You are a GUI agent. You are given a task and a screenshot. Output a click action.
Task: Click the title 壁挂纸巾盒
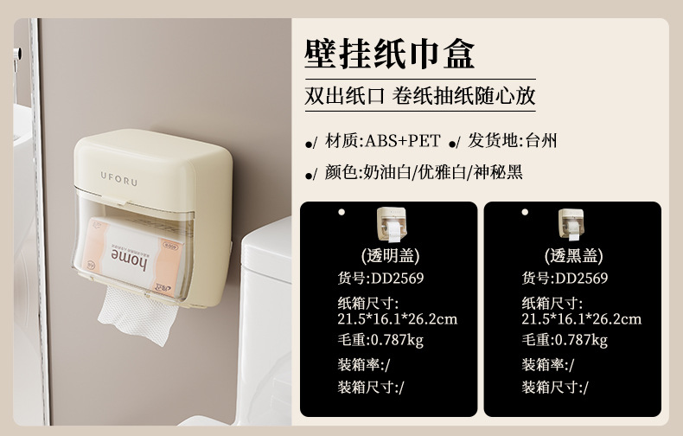coord(389,54)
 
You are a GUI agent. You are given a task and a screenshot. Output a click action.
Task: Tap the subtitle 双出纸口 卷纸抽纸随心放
coord(420,96)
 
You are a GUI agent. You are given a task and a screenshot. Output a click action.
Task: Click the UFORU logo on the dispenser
coord(119,178)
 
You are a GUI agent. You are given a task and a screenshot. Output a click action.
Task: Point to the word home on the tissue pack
coord(129,259)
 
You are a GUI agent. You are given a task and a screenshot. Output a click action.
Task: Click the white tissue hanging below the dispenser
coord(137,315)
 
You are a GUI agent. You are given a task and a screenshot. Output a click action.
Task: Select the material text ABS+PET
coord(403,141)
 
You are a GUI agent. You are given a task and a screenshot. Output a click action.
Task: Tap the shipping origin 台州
coord(541,141)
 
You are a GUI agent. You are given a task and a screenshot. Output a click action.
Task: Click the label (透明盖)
coord(390,256)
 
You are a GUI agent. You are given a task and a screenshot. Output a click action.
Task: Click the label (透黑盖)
coord(574,256)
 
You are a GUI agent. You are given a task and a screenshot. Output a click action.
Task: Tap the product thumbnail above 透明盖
coord(392,225)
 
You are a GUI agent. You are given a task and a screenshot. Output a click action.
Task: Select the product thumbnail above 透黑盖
coord(571,225)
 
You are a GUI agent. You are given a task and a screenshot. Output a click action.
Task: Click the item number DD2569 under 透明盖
coord(397,279)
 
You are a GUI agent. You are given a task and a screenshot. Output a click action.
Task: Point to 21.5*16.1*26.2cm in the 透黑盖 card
coord(582,319)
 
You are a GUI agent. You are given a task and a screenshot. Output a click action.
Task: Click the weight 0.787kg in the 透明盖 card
coord(397,340)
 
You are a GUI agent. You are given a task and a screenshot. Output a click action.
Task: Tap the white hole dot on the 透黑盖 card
coord(525,212)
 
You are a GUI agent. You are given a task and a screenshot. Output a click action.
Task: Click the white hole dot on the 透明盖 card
coord(341,212)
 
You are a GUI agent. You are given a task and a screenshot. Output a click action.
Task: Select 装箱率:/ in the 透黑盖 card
coord(548,364)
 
